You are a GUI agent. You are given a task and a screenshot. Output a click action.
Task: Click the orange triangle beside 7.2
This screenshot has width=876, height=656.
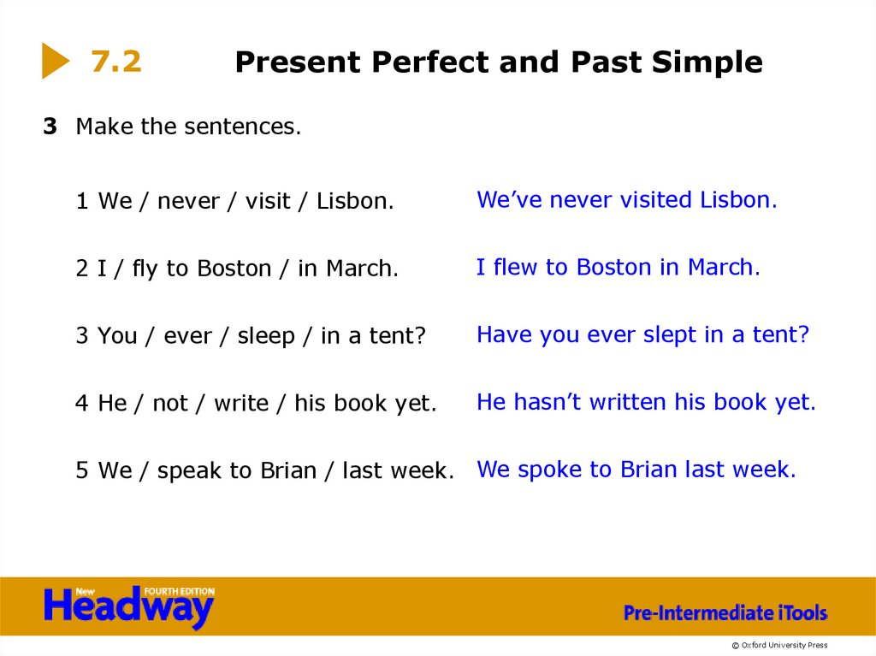point(55,61)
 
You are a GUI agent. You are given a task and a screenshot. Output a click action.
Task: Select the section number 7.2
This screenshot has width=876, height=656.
point(116,62)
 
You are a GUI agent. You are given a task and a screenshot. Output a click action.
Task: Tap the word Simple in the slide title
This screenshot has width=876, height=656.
point(707,62)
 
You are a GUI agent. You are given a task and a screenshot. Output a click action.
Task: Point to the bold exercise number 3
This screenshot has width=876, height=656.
point(50,127)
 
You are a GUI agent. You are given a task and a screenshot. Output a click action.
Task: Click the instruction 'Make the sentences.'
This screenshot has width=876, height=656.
point(188,127)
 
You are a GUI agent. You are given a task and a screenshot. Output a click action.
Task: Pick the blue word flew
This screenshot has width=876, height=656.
point(514,268)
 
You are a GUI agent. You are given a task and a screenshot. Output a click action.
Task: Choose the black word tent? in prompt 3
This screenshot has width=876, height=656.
point(397,337)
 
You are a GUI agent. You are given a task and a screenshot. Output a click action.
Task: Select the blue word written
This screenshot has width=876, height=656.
point(628,402)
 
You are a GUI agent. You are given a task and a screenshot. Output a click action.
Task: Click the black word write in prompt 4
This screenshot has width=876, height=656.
point(240,404)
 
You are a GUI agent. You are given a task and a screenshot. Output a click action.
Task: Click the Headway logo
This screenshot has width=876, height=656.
point(128,606)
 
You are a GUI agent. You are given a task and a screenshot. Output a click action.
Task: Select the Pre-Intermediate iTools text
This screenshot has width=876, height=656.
point(725,612)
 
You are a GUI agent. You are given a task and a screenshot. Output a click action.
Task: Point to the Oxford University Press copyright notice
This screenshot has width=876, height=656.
point(778,645)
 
